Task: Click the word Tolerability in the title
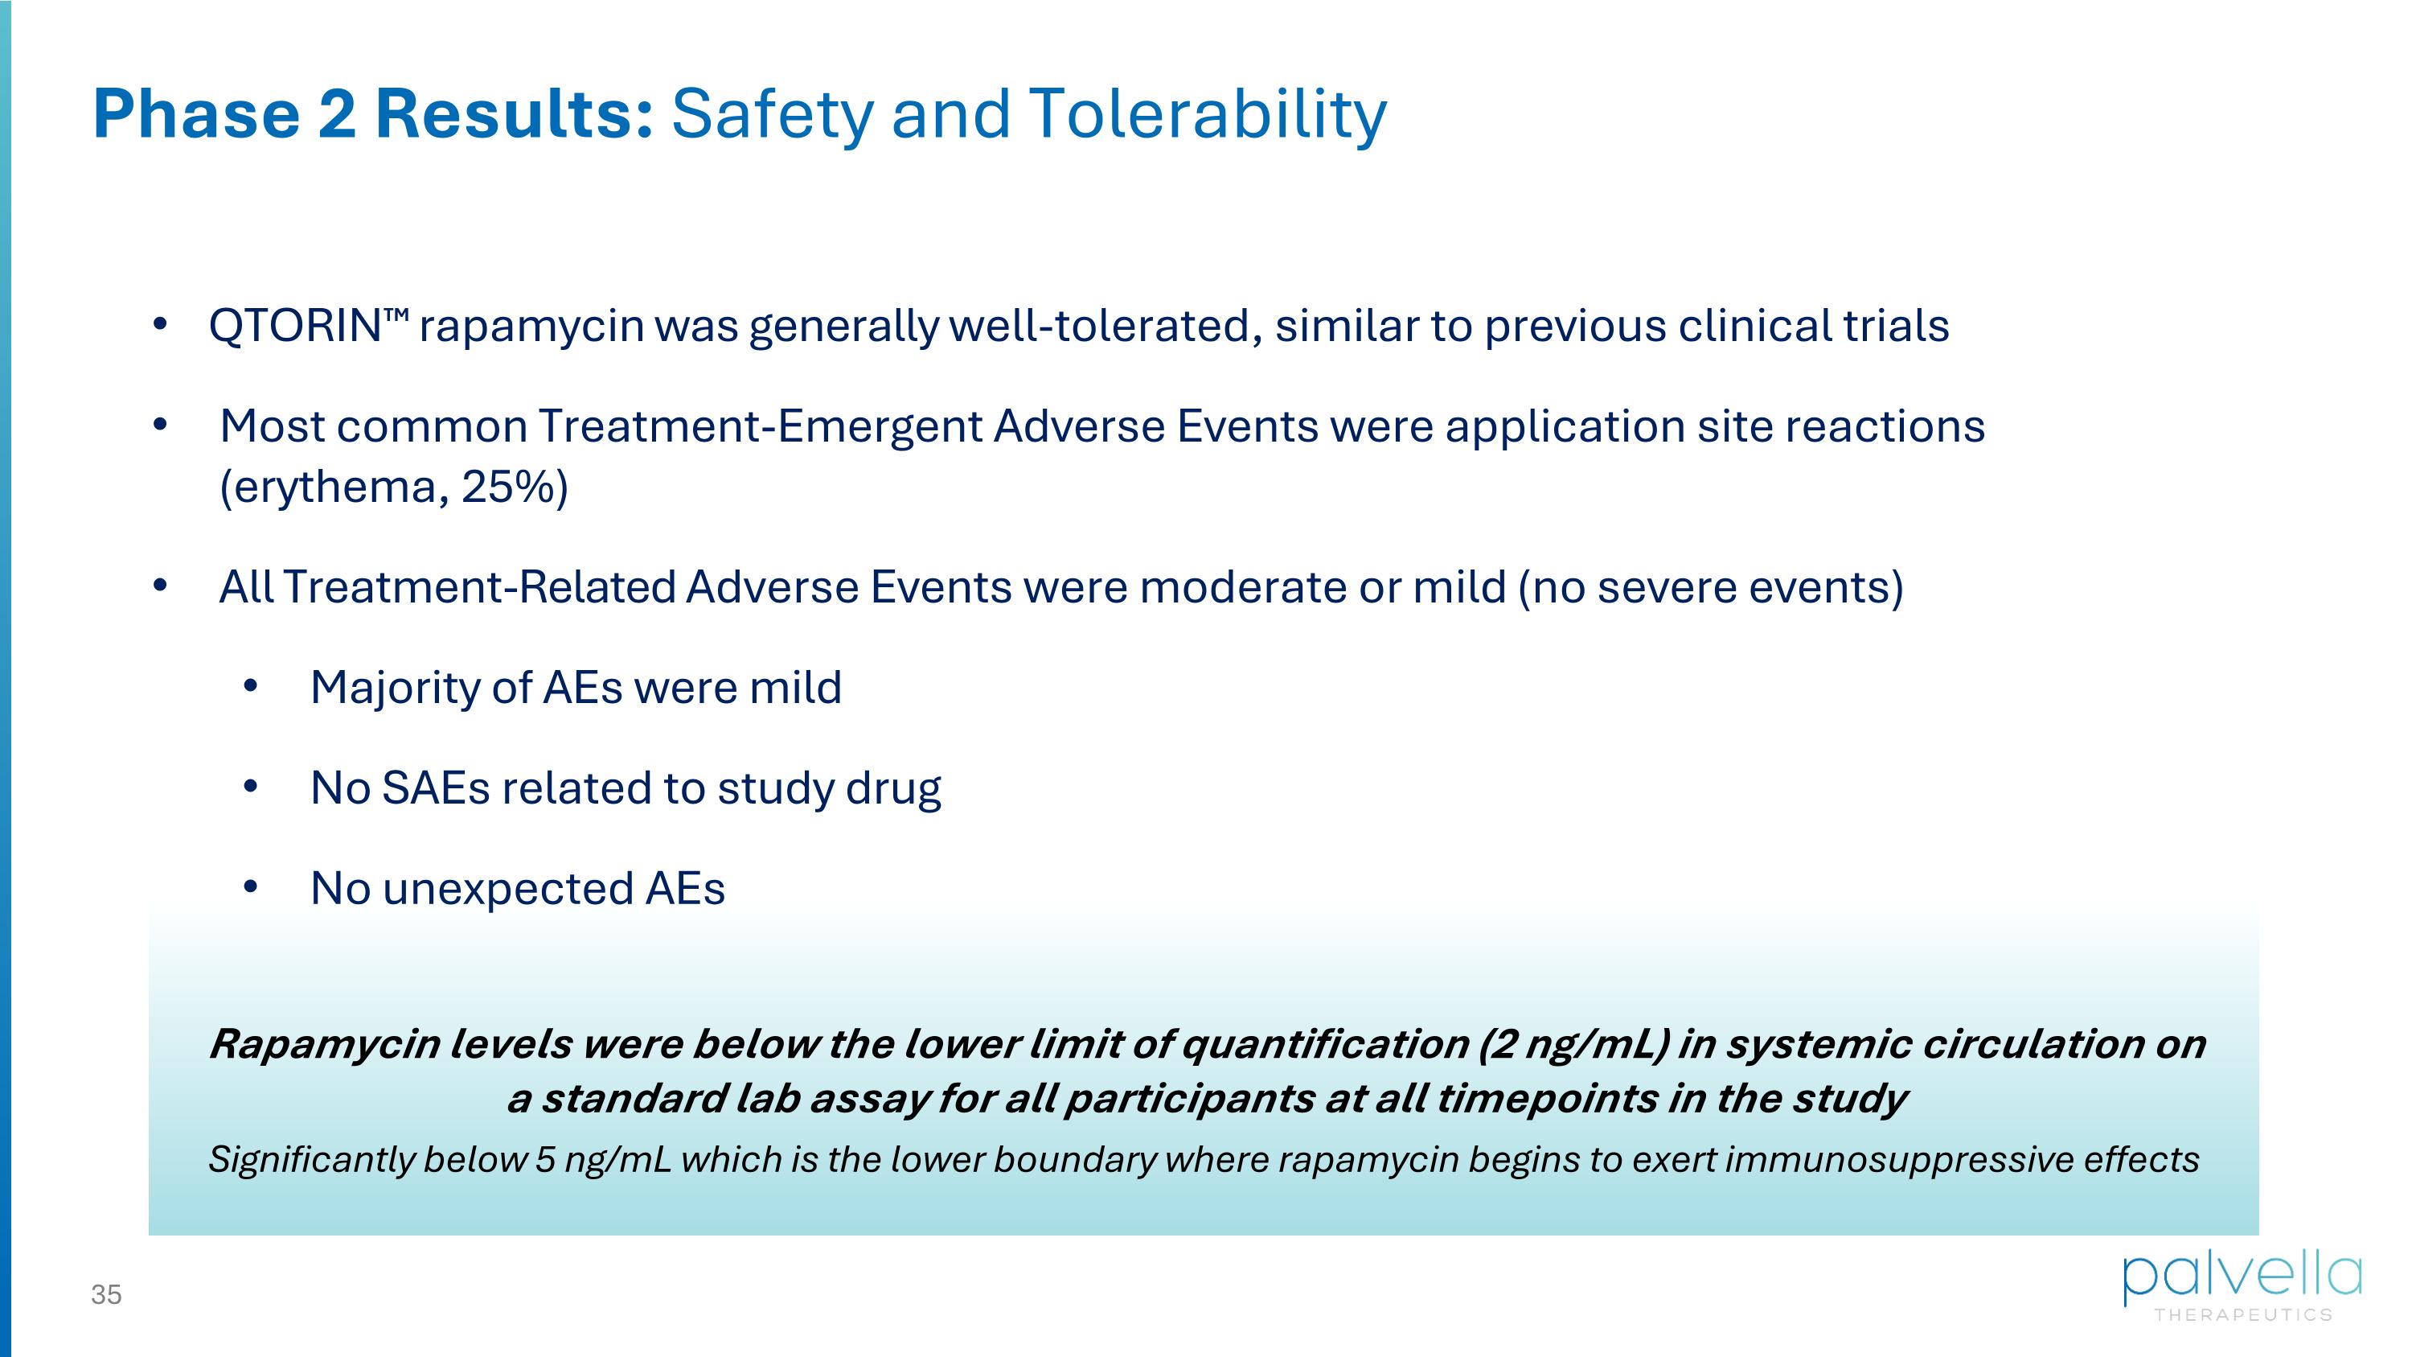point(1207,114)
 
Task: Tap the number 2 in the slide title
point(337,114)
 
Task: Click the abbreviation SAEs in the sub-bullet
point(436,788)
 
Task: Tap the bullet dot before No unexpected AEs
point(250,887)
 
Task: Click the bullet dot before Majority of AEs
point(250,686)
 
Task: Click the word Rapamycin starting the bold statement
point(324,1044)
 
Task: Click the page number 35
point(106,1295)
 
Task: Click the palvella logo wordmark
point(2242,1278)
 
